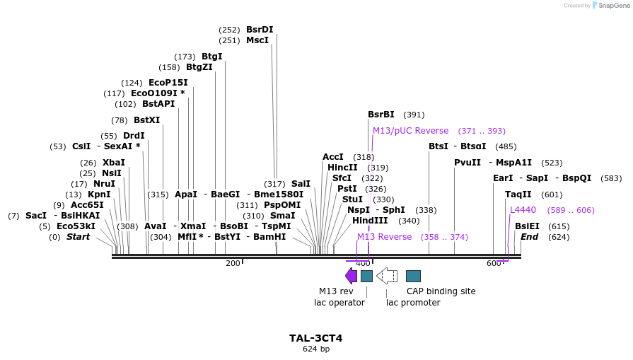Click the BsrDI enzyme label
click(x=260, y=30)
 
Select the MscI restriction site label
click(x=257, y=40)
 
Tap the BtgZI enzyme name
click(x=199, y=67)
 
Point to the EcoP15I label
click(x=168, y=83)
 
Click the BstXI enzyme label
click(x=146, y=120)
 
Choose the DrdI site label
click(x=134, y=136)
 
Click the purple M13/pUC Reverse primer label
click(x=410, y=131)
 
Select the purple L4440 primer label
click(x=523, y=210)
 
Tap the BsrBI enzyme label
click(x=381, y=115)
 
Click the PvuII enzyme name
click(x=467, y=163)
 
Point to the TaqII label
click(x=518, y=194)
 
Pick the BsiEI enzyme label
click(x=527, y=226)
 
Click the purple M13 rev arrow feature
click(x=351, y=276)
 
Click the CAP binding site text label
click(x=441, y=291)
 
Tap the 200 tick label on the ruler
click(x=233, y=263)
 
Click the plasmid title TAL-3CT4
click(x=315, y=338)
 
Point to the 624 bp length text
click(x=315, y=349)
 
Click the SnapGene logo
click(x=608, y=6)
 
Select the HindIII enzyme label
click(x=370, y=221)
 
